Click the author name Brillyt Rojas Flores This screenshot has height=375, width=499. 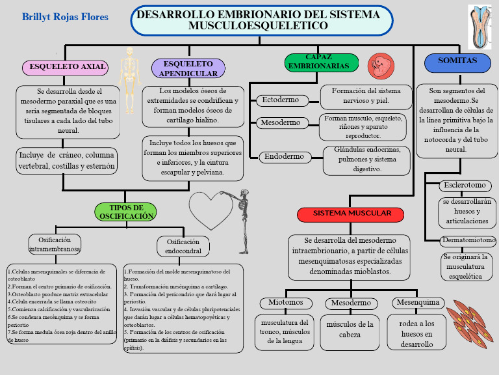click(x=65, y=17)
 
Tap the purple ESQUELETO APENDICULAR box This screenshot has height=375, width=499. click(x=188, y=68)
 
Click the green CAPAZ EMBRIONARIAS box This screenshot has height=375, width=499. click(x=322, y=62)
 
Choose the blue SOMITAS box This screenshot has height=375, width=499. click(x=457, y=63)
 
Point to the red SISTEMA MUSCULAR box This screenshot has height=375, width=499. click(x=351, y=214)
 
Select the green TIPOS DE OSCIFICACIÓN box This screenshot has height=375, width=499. click(x=127, y=212)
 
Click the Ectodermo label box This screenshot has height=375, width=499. click(x=281, y=100)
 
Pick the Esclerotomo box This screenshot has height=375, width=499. click(x=463, y=186)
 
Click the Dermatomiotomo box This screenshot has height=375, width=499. click(x=468, y=241)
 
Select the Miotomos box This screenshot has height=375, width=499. click(x=286, y=303)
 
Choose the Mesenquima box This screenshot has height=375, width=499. click(x=418, y=303)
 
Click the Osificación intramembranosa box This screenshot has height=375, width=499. click(x=55, y=244)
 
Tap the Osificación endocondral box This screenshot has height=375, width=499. click(x=183, y=246)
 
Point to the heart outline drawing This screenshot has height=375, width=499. click(x=211, y=210)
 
